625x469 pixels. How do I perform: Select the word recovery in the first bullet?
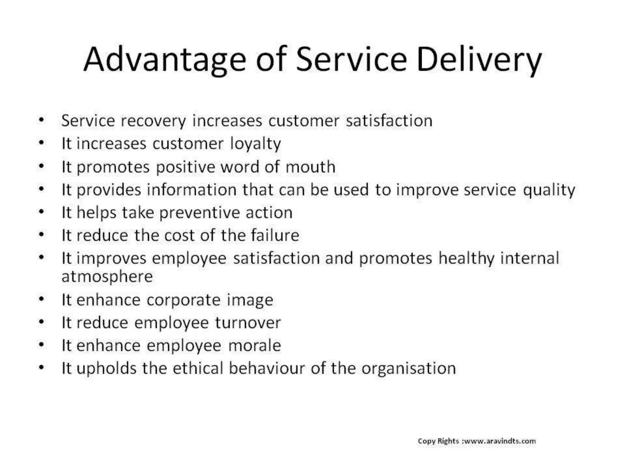154,121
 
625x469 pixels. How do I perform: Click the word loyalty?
255,144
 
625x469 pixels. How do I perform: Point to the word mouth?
310,167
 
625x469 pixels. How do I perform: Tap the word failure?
275,235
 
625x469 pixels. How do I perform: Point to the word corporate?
183,300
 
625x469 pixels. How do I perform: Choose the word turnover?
247,323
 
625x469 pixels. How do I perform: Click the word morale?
255,346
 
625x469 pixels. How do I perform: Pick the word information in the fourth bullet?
192,190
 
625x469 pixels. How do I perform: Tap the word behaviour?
267,368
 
